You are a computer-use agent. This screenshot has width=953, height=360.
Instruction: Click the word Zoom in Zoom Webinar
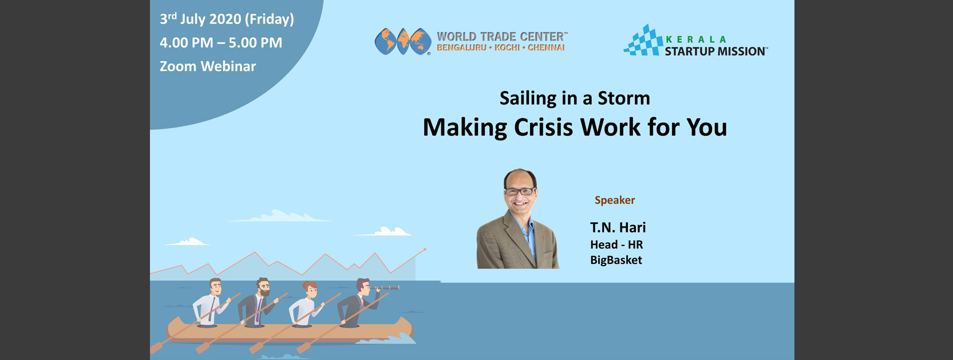[x=178, y=66]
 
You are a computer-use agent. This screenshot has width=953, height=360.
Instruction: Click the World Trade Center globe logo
[x=402, y=42]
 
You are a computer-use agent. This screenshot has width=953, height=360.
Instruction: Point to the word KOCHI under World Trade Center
[x=507, y=48]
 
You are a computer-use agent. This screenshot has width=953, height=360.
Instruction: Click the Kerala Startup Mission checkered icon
[x=642, y=40]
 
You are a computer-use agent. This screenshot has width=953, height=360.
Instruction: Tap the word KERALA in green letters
[x=695, y=39]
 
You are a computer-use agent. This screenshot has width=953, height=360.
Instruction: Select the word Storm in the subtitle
[x=624, y=98]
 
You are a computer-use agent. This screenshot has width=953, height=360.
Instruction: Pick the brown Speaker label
[x=614, y=200]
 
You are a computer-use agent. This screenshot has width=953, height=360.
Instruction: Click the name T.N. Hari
[x=618, y=228]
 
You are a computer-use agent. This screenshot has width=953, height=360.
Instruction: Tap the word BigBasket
[x=616, y=260]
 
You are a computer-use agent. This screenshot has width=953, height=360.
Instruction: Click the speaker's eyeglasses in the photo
[x=520, y=192]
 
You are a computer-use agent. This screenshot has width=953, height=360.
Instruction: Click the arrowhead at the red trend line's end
[x=424, y=250]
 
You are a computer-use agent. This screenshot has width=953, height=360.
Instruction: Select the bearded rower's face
[x=263, y=288]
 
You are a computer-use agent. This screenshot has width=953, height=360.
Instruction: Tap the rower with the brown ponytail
[x=306, y=304]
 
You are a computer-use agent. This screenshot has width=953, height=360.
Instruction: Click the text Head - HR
[x=616, y=245]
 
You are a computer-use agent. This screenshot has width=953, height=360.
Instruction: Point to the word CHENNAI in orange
[x=546, y=48]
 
